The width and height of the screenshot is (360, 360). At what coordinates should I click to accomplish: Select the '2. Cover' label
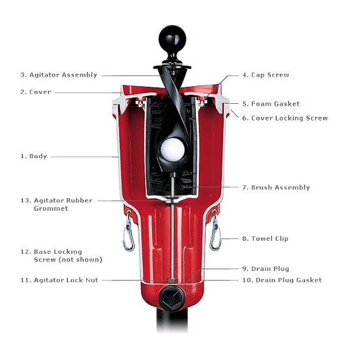36,92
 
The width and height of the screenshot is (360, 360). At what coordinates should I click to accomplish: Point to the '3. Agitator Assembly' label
58,75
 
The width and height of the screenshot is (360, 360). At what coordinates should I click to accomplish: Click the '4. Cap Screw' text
266,75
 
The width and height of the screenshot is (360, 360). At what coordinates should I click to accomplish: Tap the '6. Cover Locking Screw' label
284,118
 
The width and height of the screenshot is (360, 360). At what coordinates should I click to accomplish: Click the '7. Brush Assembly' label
276,187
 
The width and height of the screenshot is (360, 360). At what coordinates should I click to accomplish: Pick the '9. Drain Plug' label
266,269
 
